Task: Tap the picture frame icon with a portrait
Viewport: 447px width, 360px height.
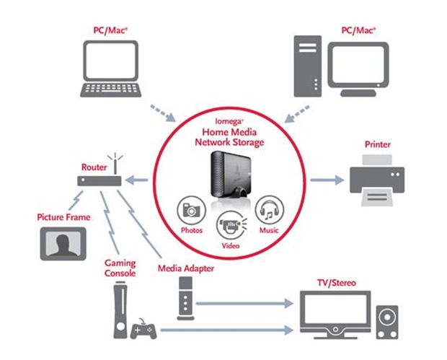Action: pos(63,243)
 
